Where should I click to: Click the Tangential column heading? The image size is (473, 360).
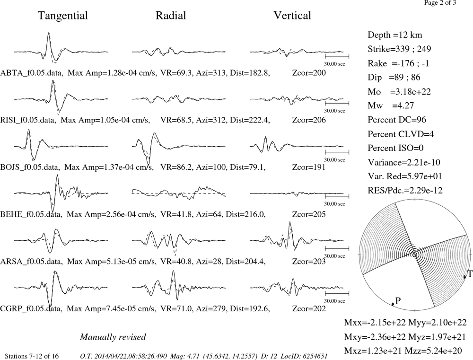click(63, 16)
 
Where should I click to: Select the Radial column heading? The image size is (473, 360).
click(171, 16)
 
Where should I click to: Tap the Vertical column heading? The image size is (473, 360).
click(292, 16)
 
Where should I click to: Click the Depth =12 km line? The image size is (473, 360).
click(395, 35)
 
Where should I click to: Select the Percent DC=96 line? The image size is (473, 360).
click(397, 120)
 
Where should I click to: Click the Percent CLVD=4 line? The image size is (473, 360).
click(401, 134)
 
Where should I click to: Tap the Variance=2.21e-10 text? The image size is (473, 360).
click(404, 162)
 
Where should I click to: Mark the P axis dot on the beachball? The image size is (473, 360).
click(393, 304)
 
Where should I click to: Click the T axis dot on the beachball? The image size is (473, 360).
click(464, 277)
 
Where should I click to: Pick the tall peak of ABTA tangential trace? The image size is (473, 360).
click(49, 33)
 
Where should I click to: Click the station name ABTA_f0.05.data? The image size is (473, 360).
click(32, 73)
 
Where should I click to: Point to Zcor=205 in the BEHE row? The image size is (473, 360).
click(309, 214)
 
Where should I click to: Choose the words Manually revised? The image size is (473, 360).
click(113, 337)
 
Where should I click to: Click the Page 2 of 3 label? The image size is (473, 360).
click(440, 3)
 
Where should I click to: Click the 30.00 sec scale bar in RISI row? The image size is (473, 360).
click(337, 103)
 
